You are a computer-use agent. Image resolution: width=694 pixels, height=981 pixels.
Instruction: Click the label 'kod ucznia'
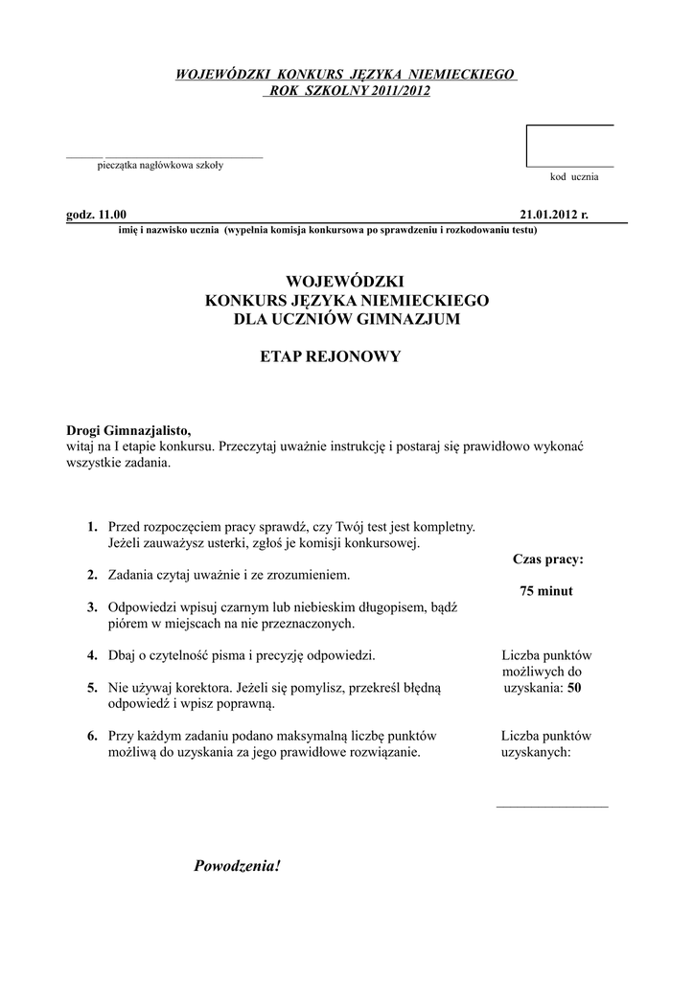[x=573, y=178]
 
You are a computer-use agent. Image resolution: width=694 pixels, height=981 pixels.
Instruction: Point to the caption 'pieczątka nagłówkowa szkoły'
[x=160, y=165]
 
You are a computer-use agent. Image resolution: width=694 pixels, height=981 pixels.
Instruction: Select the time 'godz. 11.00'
[x=96, y=215]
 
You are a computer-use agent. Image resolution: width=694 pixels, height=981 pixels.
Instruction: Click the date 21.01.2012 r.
[x=553, y=215]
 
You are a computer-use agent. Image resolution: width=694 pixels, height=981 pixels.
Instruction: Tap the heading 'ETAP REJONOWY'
[x=330, y=356]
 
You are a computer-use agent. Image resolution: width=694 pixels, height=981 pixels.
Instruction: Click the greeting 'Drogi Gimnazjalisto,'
[x=134, y=430]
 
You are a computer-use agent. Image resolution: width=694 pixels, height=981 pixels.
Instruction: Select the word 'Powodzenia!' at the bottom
[x=238, y=867]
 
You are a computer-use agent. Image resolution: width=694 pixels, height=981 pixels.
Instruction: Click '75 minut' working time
[x=545, y=591]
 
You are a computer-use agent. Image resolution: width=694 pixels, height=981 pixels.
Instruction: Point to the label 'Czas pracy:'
[x=547, y=559]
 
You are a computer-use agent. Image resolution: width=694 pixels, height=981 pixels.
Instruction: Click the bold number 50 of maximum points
[x=573, y=688]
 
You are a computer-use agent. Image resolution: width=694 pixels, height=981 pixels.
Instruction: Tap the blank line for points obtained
[x=551, y=806]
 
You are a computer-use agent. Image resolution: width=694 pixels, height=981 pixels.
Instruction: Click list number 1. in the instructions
[x=92, y=527]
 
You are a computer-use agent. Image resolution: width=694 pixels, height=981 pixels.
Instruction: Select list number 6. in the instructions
[x=92, y=736]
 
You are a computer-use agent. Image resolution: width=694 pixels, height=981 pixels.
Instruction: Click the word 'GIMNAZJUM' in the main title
[x=409, y=318]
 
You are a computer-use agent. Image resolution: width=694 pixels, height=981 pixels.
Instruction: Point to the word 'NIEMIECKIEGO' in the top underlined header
[x=464, y=74]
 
